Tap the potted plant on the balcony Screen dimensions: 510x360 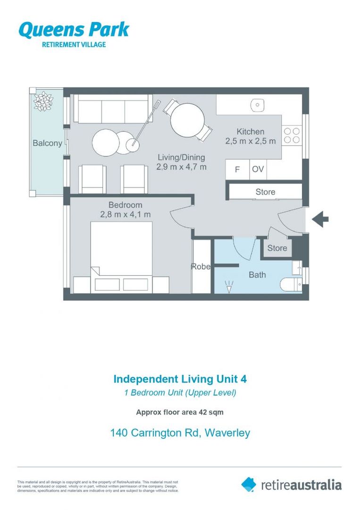click(43, 102)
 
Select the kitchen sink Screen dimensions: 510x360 click(258, 105)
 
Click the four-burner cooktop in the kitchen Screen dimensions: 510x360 click(292, 136)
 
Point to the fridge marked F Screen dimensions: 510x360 click(237, 170)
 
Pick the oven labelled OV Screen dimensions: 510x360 click(258, 170)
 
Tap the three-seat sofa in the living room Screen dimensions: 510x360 click(113, 110)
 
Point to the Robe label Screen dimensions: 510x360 click(201, 267)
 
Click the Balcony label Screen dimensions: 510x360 click(47, 143)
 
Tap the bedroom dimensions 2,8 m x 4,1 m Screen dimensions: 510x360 click(125, 214)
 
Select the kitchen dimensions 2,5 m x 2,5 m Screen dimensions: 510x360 click(250, 141)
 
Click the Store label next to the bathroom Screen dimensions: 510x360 click(277, 248)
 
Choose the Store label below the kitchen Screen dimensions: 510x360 click(265, 192)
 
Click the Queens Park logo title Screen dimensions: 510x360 click(74, 30)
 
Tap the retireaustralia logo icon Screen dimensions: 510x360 click(249, 484)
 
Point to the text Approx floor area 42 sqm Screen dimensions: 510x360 click(180, 412)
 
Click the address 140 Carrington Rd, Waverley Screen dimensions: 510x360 click(180, 433)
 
